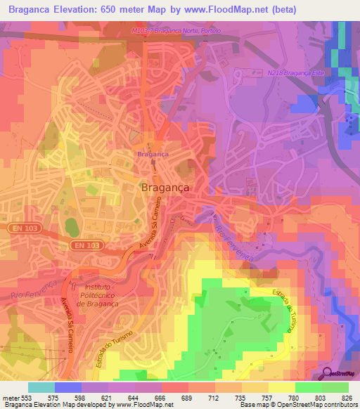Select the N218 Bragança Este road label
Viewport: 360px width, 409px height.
coord(295,73)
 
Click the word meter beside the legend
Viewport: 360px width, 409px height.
coord(10,397)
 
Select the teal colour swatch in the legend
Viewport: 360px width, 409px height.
coord(41,387)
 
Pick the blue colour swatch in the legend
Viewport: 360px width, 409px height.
coord(68,387)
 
